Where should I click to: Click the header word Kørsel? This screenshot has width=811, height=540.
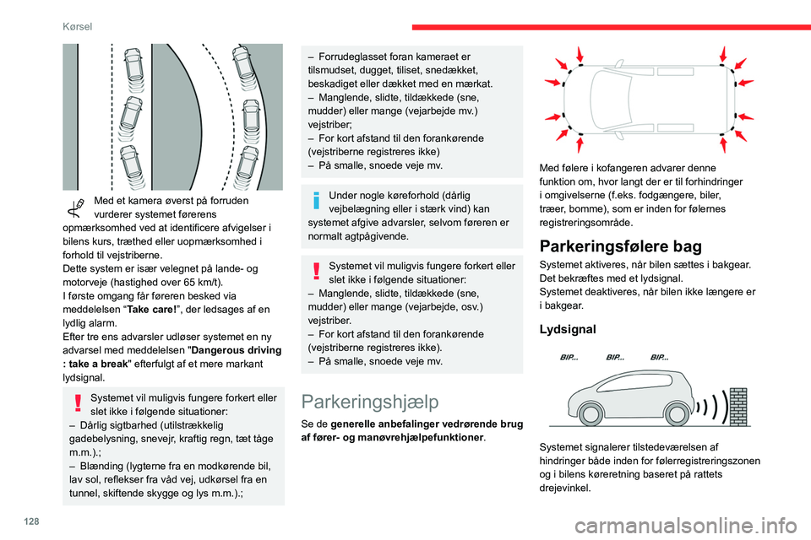(77, 26)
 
